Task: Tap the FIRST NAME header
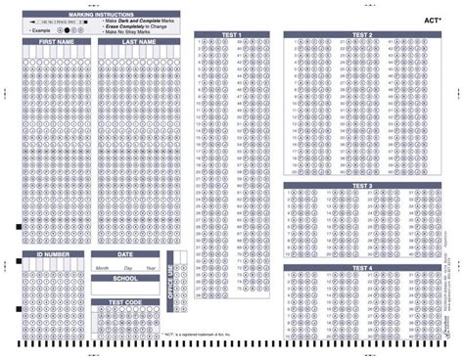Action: point(55,43)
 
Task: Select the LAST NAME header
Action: point(139,43)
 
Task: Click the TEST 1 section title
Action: point(231,34)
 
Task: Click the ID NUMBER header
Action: point(54,254)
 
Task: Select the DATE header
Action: point(125,254)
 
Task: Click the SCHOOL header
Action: point(125,278)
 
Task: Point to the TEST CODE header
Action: point(125,302)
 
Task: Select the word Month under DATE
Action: point(102,266)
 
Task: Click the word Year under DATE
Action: point(149,266)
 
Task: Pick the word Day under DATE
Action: point(126,266)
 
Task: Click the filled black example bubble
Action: point(68,30)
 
